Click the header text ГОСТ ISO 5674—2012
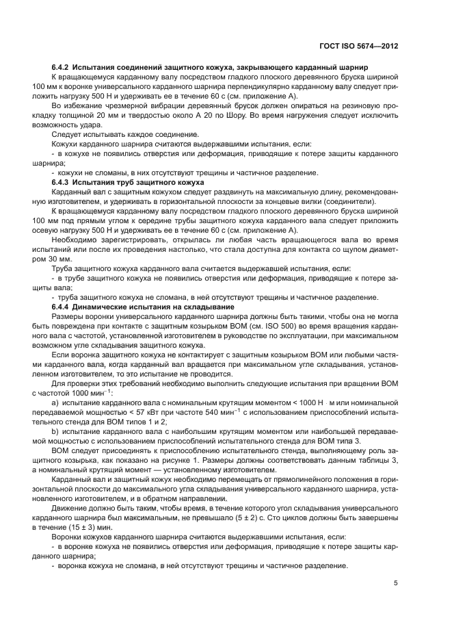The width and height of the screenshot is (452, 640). pos(359,47)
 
